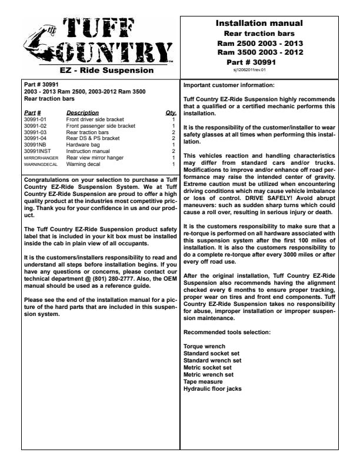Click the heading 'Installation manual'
pyautogui.click(x=259, y=24)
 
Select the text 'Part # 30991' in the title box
pyautogui.click(x=259, y=61)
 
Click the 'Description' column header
pyautogui.click(x=82, y=112)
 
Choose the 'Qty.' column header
pyautogui.click(x=171, y=112)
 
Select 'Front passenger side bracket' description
pyautogui.click(x=101, y=126)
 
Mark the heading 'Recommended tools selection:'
pyautogui.click(x=227, y=332)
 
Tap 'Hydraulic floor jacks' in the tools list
pyautogui.click(x=212, y=388)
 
